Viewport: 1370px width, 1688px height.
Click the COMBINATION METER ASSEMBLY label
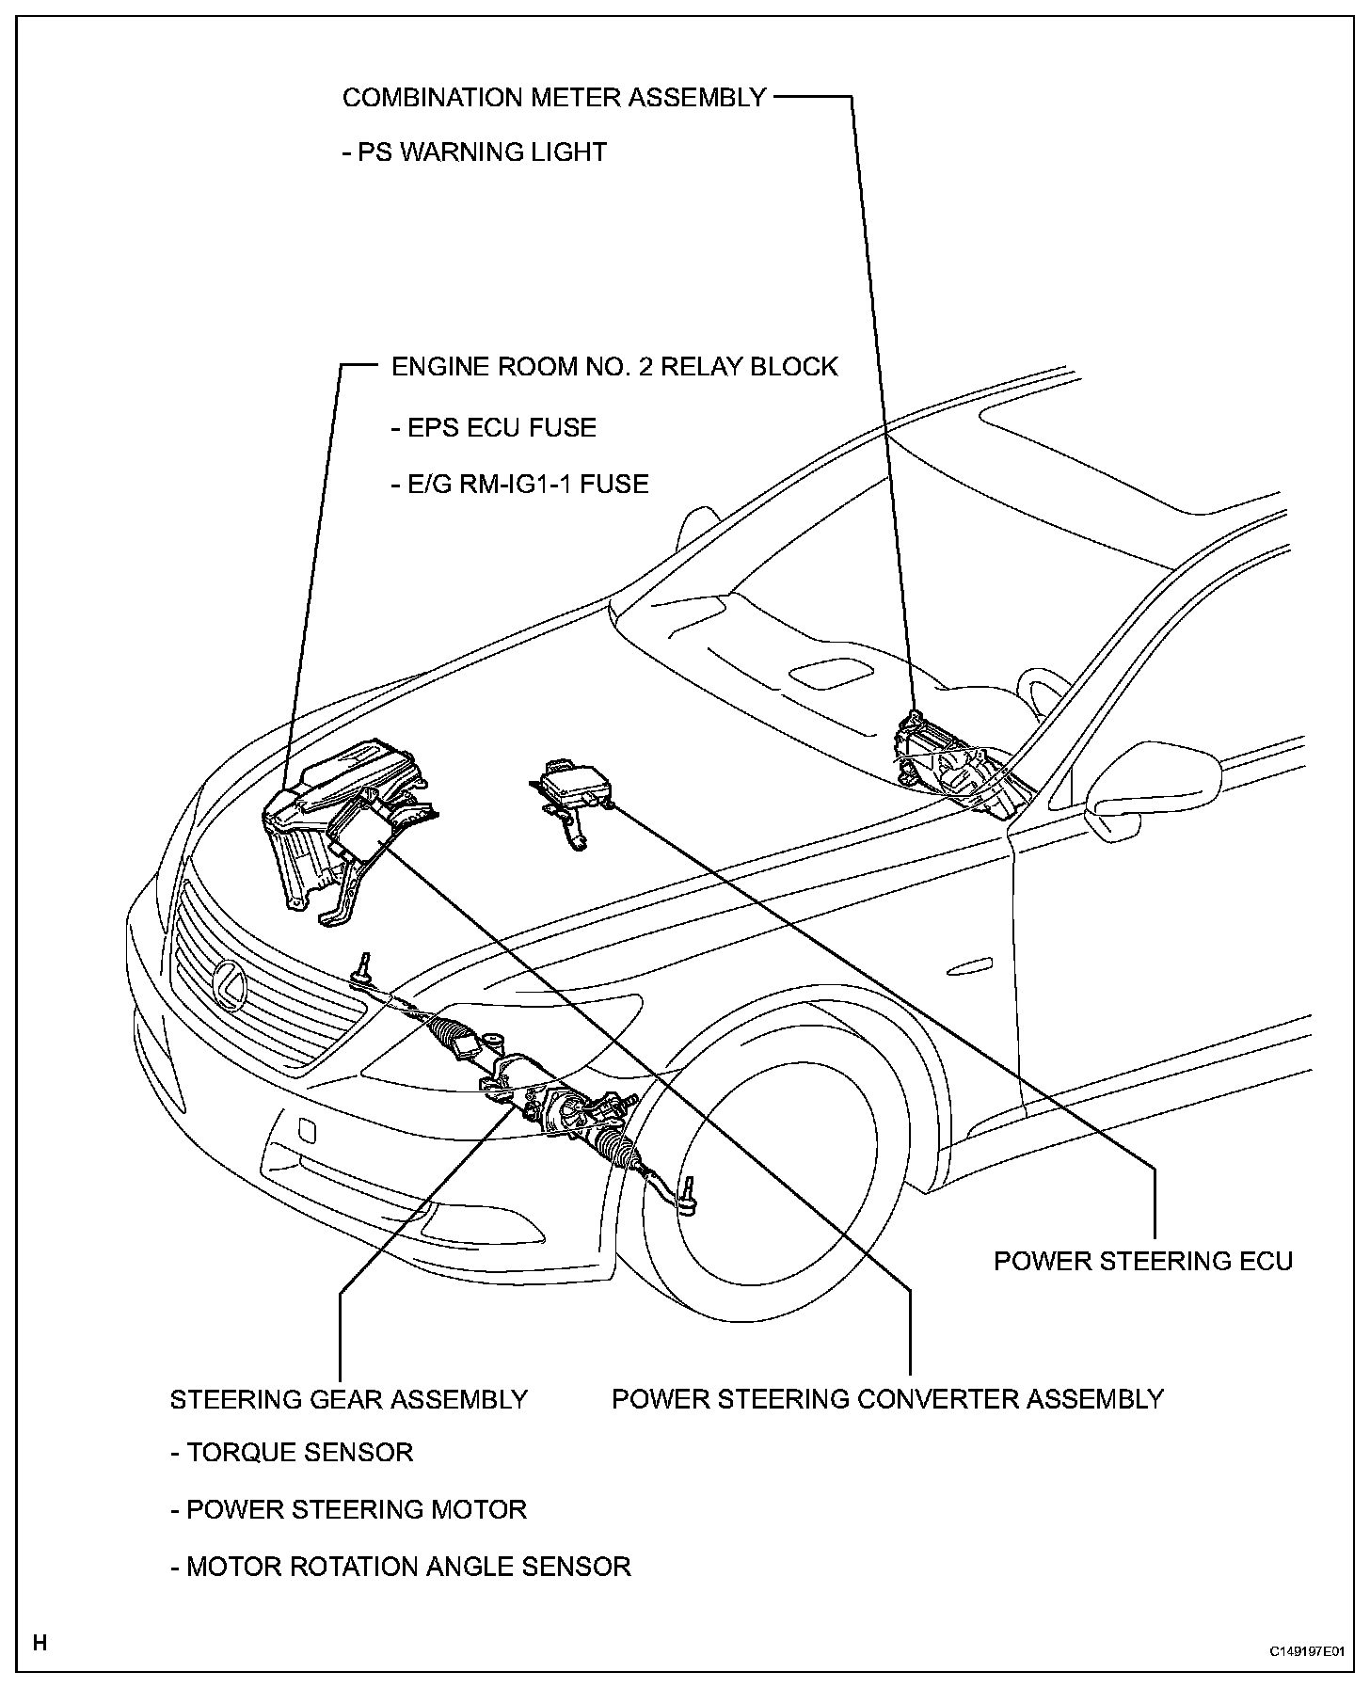pyautogui.click(x=554, y=98)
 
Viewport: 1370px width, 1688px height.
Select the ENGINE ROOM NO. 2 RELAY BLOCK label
pyautogui.click(x=614, y=367)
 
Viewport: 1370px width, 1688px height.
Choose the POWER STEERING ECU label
pyautogui.click(x=1143, y=1261)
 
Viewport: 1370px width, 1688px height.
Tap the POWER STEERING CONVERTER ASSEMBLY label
pyautogui.click(x=887, y=1399)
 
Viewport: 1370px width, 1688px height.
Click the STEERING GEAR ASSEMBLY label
pyautogui.click(x=348, y=1400)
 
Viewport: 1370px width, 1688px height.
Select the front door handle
pyautogui.click(x=970, y=966)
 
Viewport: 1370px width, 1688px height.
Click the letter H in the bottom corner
pyautogui.click(x=40, y=1643)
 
